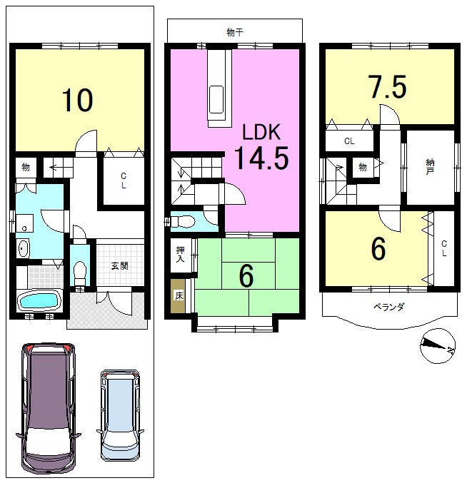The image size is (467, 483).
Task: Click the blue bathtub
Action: pos(39,300)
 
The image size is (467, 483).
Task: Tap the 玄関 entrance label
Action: pos(119,266)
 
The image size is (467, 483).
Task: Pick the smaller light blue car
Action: pos(120,415)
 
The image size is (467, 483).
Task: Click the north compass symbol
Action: pos(438,346)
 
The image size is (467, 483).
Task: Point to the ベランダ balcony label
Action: pos(389,307)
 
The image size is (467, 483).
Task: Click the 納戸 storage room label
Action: pos(430,167)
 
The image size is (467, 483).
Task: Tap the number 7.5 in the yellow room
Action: pos(388,86)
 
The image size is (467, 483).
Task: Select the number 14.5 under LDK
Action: pos(261,158)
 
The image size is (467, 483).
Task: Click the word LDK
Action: pos(261,132)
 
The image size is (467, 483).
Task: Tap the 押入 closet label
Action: pos(181,254)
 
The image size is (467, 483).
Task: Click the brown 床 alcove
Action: pos(179,296)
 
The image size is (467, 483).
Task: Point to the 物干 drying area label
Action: pos(235,32)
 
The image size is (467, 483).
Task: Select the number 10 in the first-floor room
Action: pos(77,100)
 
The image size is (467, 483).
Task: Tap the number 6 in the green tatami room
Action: pos(246,276)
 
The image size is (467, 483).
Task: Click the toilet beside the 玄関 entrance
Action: pos(80,273)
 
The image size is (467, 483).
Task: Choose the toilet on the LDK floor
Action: pos(183,222)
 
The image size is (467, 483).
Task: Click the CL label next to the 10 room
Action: pos(124,181)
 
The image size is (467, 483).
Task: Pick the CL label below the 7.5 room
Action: pos(349,141)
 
